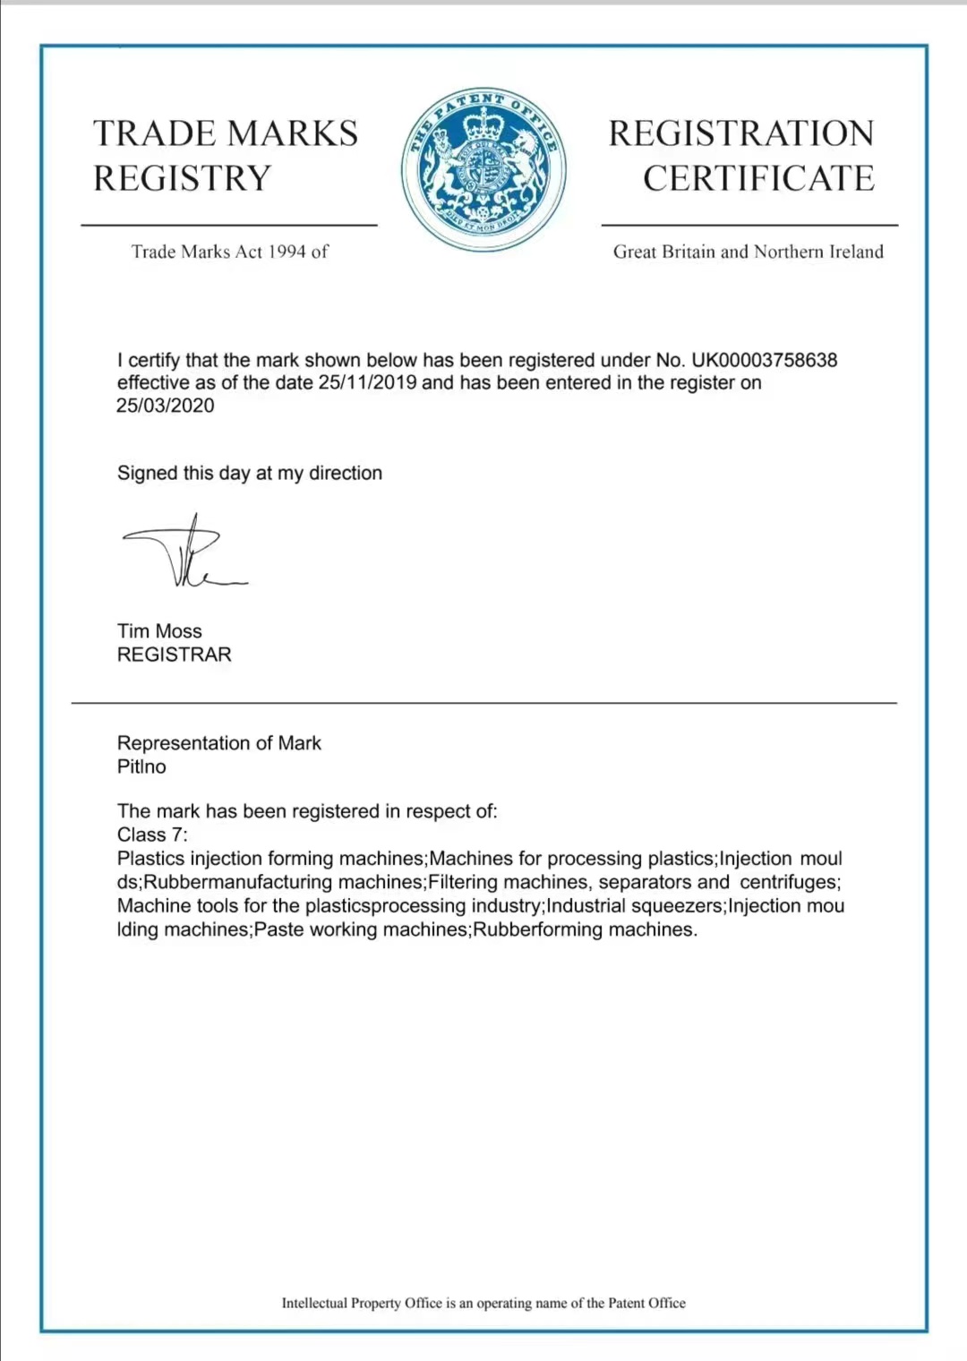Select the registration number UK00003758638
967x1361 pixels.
(x=764, y=360)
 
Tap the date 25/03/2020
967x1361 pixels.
(x=166, y=406)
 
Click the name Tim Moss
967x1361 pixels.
(x=159, y=631)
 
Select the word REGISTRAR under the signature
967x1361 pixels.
(x=174, y=655)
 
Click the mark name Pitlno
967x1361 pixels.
(x=141, y=766)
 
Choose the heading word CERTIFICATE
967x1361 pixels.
(x=758, y=178)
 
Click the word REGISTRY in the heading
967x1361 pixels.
(x=182, y=178)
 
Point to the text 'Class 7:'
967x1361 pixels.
(x=152, y=835)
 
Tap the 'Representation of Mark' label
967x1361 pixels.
(x=218, y=743)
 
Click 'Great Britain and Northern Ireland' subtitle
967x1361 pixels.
(x=748, y=252)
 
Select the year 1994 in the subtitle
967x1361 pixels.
(x=287, y=252)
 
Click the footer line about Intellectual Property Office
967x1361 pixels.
(x=483, y=1303)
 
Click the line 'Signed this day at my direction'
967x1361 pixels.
(x=249, y=473)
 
